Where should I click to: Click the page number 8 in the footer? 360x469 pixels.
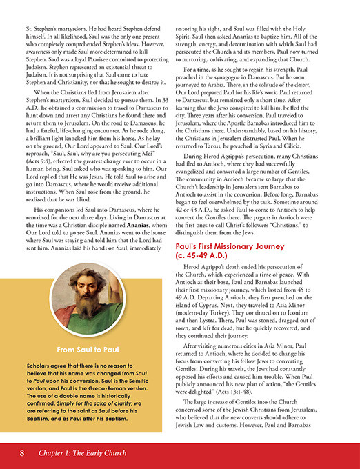point(23,453)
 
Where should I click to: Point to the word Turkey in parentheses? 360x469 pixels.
point(244,301)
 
